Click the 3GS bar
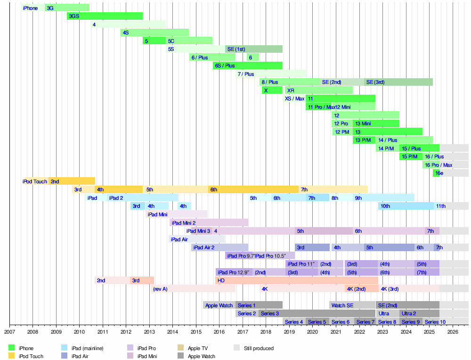[x=105, y=16]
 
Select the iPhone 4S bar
[x=154, y=33]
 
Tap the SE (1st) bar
[x=253, y=49]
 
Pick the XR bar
[x=319, y=90]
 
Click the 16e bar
[x=436, y=173]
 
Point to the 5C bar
[x=189, y=41]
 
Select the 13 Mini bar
[x=376, y=123]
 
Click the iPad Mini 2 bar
[x=209, y=222]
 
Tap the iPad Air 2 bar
[x=219, y=247]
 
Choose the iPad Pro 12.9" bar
[x=234, y=272]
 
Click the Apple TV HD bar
[x=297, y=280]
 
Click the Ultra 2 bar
[x=419, y=313]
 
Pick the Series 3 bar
[x=317, y=313]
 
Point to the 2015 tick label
[x=196, y=332]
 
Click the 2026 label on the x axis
[x=453, y=332]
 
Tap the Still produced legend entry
[x=259, y=348]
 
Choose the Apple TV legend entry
[x=198, y=348]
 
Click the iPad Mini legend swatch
[x=130, y=356]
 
